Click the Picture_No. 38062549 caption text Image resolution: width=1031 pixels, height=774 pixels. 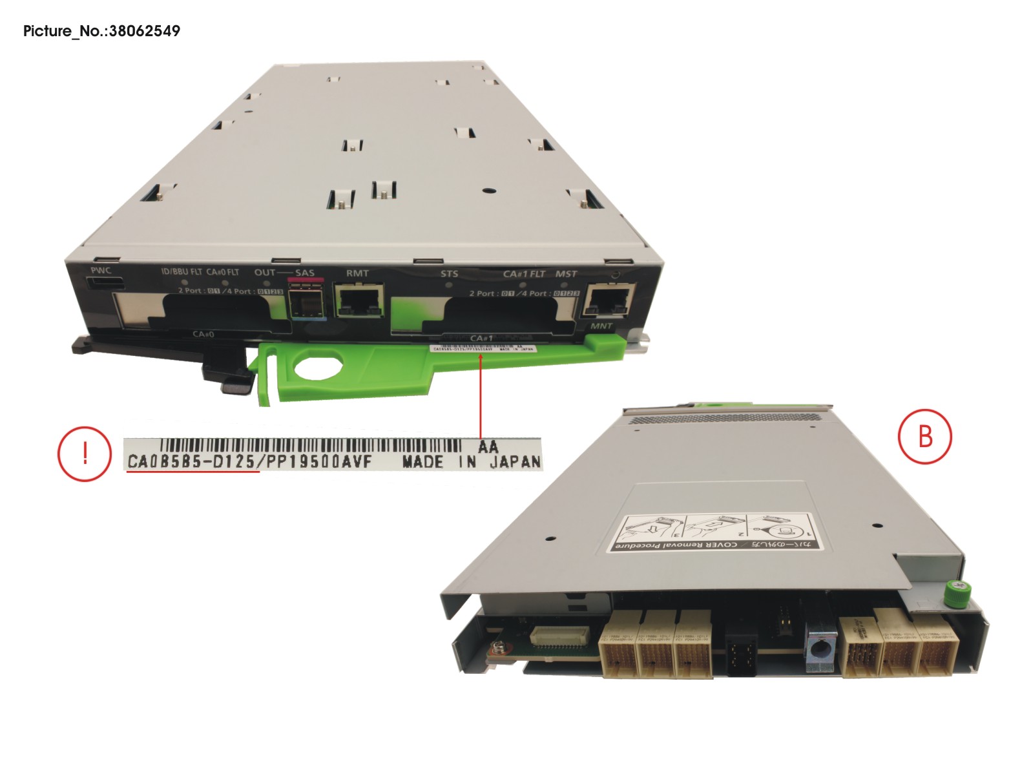coord(101,31)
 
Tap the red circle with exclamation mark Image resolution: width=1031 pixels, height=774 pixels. coord(85,454)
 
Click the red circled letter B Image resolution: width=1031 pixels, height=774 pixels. coord(924,436)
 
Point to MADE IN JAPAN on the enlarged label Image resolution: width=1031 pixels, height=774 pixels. coord(471,462)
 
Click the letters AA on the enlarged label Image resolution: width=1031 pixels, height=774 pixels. coord(488,446)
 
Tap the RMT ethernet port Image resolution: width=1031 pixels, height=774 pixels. coord(359,300)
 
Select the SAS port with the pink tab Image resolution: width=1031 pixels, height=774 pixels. coord(305,300)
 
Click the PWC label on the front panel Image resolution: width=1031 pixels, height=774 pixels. coord(101,270)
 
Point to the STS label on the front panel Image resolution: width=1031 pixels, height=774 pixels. coord(449,273)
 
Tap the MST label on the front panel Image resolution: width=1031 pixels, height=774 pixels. coord(566,274)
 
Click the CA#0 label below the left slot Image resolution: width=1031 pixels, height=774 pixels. coord(203,334)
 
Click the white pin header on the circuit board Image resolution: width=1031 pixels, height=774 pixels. coord(559,636)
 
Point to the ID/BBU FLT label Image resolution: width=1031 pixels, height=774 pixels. coord(182,272)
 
